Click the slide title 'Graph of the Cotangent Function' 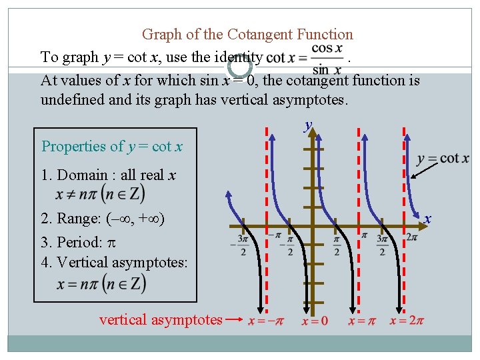point(247,34)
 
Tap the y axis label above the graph point(308,125)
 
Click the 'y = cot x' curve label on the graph point(443,159)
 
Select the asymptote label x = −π point(265,321)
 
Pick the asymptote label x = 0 point(315,321)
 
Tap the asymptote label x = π point(364,321)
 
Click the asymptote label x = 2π point(407,321)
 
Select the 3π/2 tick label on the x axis point(383,244)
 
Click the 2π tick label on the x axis point(411,237)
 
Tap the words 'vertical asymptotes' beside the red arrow point(161,320)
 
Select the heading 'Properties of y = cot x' point(112,146)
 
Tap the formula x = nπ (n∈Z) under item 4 point(101,283)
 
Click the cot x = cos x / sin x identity point(305,59)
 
